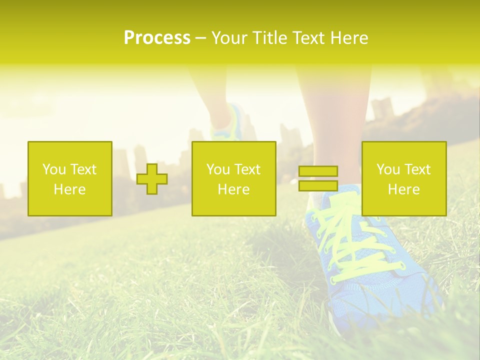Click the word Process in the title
[x=157, y=38]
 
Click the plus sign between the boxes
[x=152, y=179]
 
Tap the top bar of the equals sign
[x=318, y=171]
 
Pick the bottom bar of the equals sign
[x=318, y=185]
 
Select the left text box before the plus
[x=69, y=178]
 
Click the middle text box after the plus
[x=233, y=178]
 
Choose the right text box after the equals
[x=404, y=178]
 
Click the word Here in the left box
[x=69, y=189]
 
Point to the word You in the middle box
[x=218, y=169]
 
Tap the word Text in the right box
[x=418, y=169]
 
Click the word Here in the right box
[x=404, y=189]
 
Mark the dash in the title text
[x=200, y=38]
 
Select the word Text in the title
[x=307, y=38]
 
